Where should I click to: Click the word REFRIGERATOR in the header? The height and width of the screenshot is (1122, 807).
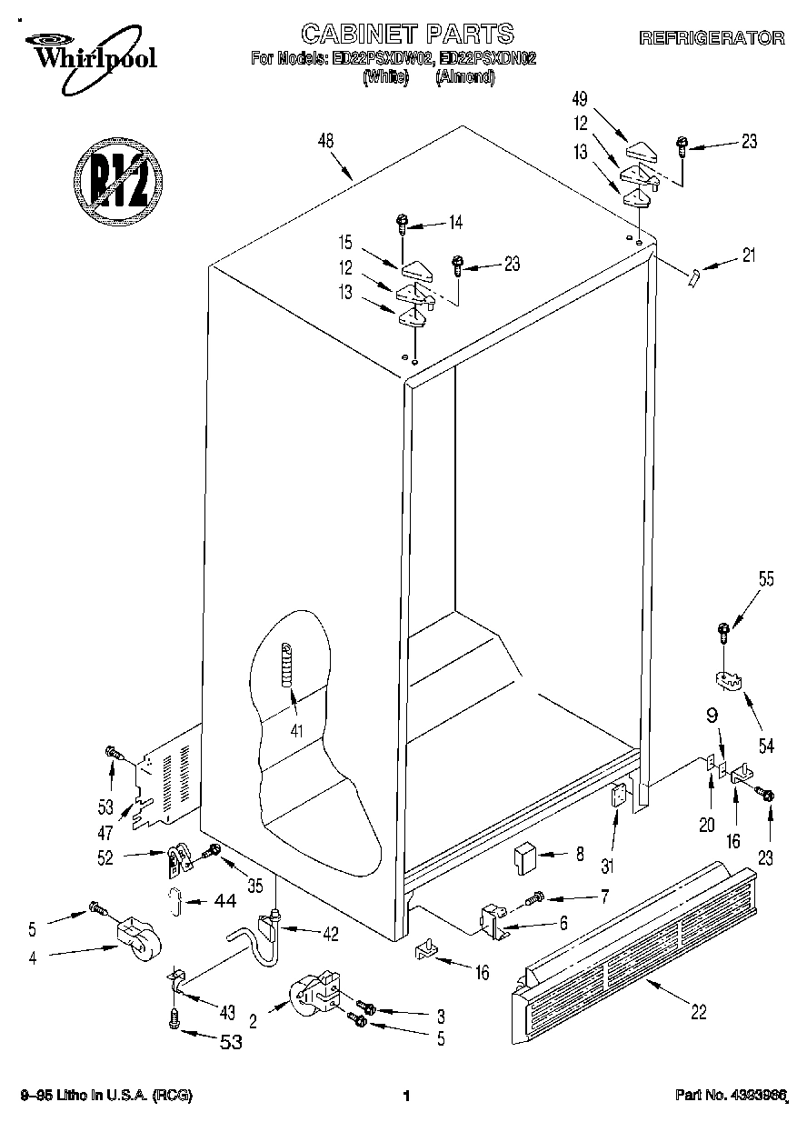click(712, 38)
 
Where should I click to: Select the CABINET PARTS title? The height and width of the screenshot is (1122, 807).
click(407, 35)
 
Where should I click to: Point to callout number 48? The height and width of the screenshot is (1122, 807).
click(326, 141)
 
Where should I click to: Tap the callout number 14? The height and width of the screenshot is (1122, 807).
click(454, 221)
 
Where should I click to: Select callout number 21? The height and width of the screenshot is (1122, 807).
click(749, 255)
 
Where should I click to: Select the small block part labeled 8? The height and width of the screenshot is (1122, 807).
click(526, 857)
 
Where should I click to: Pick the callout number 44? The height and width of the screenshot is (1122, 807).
click(224, 901)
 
